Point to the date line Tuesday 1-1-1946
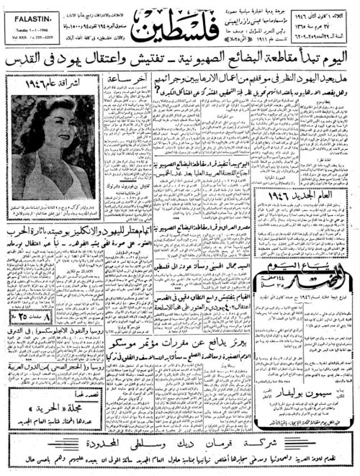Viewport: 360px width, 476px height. [x=27, y=24]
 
